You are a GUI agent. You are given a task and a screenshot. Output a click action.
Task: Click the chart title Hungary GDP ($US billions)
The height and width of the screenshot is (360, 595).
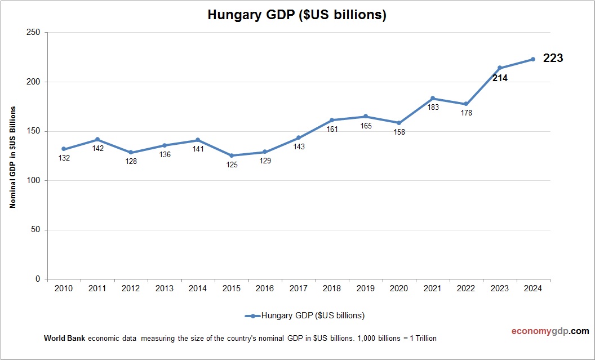click(x=297, y=15)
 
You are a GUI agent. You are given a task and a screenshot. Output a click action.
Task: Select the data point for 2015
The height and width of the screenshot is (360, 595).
click(x=232, y=155)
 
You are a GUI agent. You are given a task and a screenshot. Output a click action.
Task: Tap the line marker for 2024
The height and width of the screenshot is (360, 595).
click(x=533, y=59)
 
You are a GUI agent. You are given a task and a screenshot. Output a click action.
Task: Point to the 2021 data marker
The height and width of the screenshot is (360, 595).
click(x=433, y=99)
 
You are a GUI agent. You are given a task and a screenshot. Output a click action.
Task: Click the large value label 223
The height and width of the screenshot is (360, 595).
click(x=553, y=58)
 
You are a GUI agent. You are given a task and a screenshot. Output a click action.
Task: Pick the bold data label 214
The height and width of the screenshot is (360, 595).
click(x=500, y=78)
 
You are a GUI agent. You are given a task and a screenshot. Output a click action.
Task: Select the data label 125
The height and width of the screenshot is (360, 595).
click(x=232, y=165)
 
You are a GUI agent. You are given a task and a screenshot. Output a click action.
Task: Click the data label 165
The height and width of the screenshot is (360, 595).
click(x=366, y=126)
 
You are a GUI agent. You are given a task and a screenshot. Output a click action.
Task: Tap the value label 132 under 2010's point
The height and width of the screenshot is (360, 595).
click(x=64, y=158)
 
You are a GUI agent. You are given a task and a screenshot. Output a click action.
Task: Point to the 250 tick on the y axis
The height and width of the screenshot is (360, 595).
click(x=33, y=33)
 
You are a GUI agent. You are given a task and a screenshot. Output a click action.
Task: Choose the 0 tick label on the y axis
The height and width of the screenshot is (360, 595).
click(x=38, y=279)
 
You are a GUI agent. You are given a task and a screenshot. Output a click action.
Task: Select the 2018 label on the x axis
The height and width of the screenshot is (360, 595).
click(x=332, y=288)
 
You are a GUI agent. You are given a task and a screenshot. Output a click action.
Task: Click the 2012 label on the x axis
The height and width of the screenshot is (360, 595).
click(x=131, y=288)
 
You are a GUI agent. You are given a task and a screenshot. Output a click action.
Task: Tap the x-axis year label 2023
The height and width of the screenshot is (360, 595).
click(x=499, y=288)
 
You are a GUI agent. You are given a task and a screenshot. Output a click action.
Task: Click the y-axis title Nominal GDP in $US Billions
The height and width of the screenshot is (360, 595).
click(x=12, y=157)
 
